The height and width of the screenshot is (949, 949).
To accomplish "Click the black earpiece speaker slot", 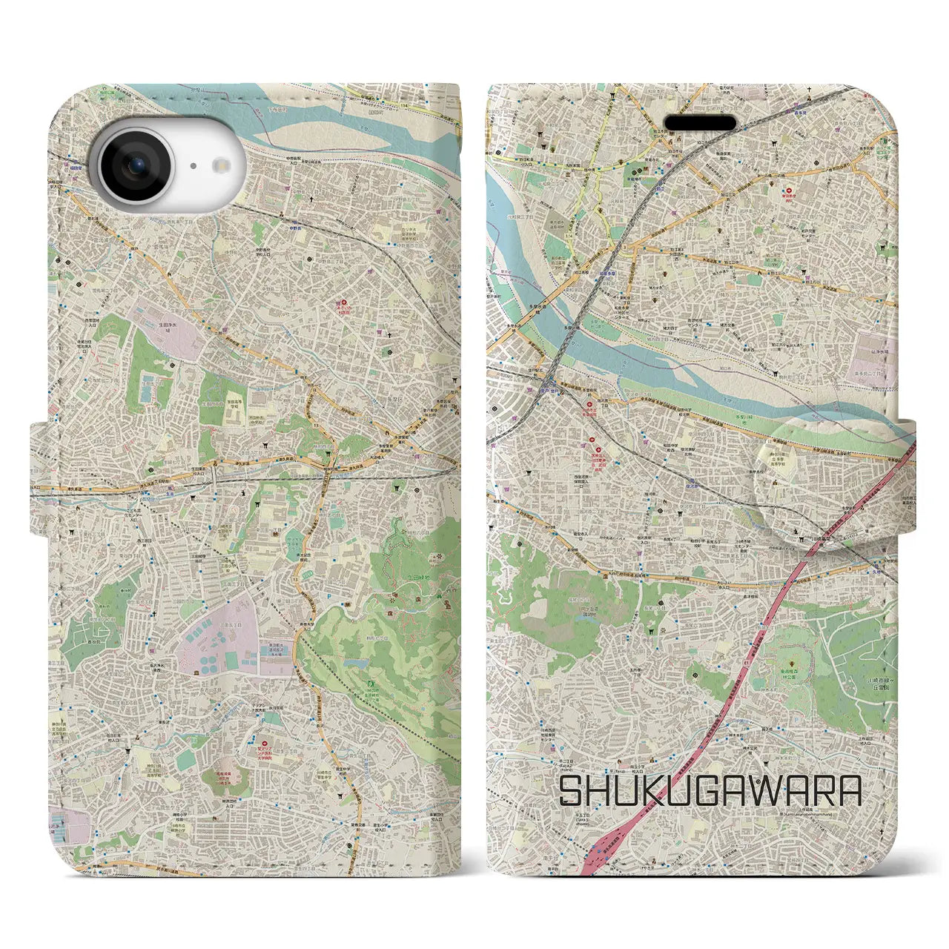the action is (x=699, y=123).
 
